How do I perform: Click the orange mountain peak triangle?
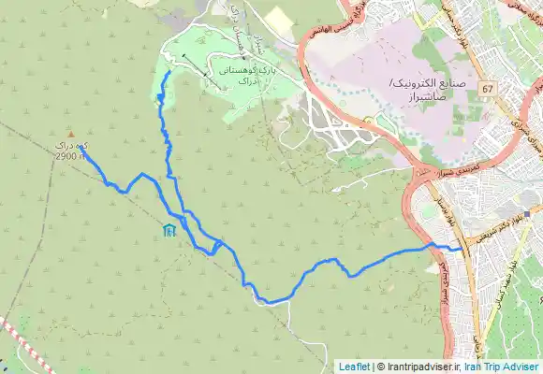[70, 135]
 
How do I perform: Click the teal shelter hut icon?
[168, 230]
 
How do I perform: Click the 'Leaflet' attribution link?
[354, 366]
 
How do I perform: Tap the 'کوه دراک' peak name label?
[73, 147]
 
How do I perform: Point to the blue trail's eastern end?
[461, 250]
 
